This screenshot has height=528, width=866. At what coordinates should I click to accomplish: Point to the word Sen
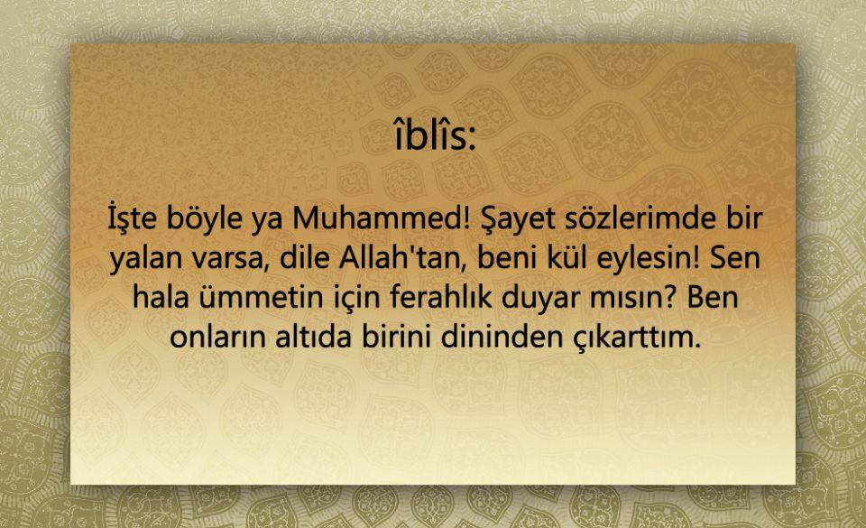(735, 257)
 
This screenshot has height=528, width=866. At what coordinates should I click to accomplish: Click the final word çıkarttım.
(635, 338)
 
